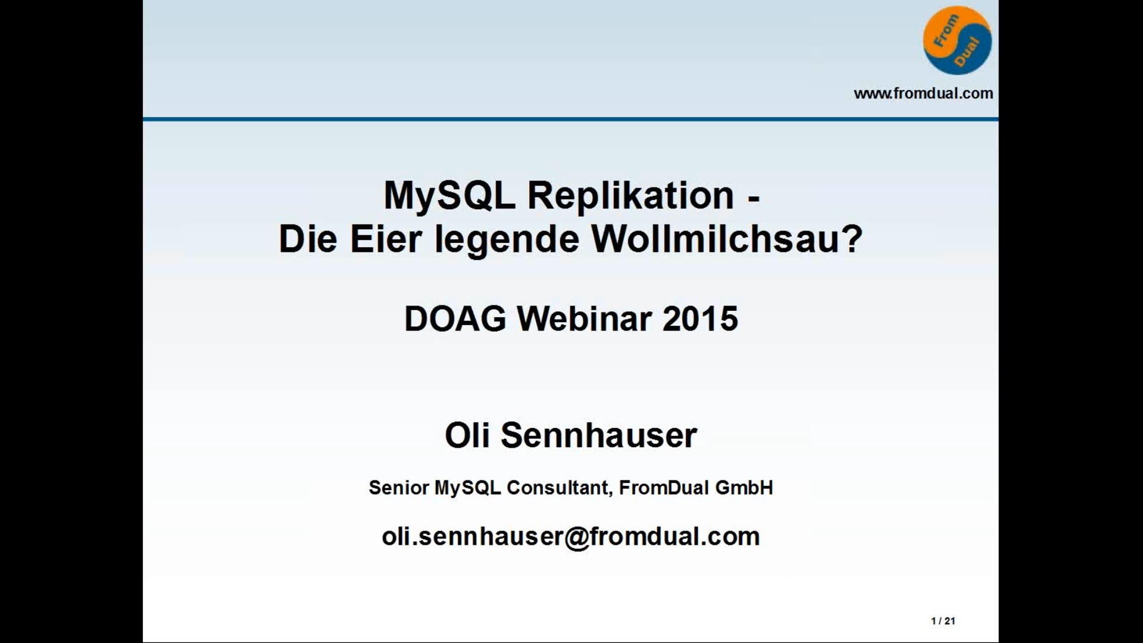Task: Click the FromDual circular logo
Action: click(957, 40)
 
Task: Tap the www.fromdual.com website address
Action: click(923, 93)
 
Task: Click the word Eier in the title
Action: click(385, 239)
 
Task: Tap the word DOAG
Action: click(455, 319)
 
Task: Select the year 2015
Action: click(700, 319)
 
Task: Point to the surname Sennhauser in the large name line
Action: click(598, 435)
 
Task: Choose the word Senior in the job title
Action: click(399, 488)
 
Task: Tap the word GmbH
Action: click(744, 488)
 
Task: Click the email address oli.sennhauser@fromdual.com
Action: click(571, 537)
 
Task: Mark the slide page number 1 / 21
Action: click(943, 621)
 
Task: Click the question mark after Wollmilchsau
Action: click(853, 239)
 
